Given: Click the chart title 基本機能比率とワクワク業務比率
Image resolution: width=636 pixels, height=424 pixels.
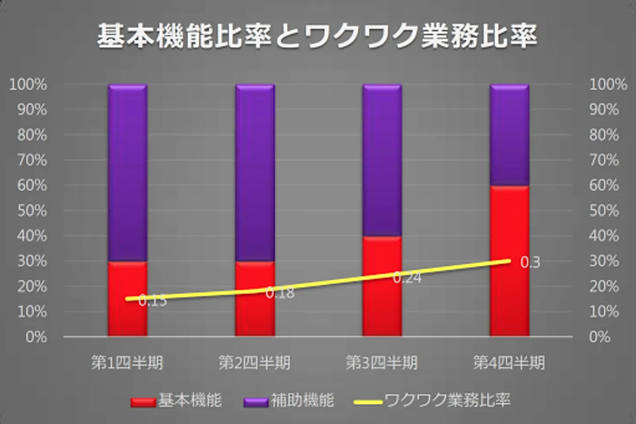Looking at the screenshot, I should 317,36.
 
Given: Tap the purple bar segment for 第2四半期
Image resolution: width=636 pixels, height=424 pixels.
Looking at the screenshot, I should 255,172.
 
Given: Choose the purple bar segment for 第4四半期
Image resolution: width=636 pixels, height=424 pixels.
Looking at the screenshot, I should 509,135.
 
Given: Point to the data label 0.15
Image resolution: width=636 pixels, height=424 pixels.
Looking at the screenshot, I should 153,301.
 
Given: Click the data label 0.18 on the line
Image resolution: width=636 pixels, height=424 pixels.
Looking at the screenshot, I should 280,293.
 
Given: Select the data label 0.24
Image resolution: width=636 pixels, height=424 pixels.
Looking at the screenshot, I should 407,278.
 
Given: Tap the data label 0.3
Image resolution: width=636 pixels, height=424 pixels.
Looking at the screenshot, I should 530,262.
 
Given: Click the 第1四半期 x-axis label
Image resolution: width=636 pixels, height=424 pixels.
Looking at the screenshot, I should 127,363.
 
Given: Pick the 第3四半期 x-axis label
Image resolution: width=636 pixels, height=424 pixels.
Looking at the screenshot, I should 381,363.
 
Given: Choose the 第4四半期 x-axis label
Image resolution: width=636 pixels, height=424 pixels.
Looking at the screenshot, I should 509,363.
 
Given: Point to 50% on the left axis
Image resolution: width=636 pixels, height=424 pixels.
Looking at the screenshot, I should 32,211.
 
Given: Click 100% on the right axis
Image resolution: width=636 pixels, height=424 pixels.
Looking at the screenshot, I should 608,85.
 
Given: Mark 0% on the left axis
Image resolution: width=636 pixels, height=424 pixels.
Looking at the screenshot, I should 36,337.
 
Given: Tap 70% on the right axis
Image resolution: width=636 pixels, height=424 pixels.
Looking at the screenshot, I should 604,160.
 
